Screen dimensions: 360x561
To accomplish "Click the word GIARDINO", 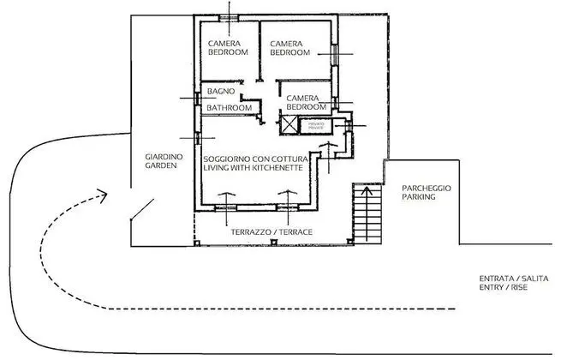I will click(159, 155).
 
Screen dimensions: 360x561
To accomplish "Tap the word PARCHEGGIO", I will click(427, 187).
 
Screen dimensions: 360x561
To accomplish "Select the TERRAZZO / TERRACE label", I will click(272, 232).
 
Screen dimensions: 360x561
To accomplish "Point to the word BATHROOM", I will click(230, 108).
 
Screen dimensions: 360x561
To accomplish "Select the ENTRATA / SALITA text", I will click(513, 279).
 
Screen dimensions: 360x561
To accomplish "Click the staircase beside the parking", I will click(366, 214).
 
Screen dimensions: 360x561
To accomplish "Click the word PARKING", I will click(419, 196).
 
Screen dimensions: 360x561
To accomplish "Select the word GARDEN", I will click(160, 165).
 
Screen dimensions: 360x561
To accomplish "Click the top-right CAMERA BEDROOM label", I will click(289, 48).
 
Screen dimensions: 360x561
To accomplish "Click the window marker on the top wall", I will click(230, 16).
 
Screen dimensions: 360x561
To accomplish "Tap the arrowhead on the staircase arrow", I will click(366, 192).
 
